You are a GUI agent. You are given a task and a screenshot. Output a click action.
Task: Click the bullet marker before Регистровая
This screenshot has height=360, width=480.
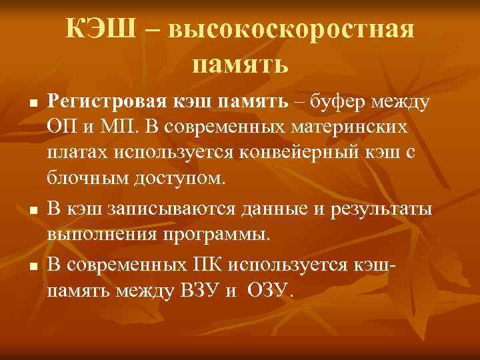[x=31, y=105]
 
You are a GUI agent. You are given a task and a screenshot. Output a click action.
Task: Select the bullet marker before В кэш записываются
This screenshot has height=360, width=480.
[x=31, y=211]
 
